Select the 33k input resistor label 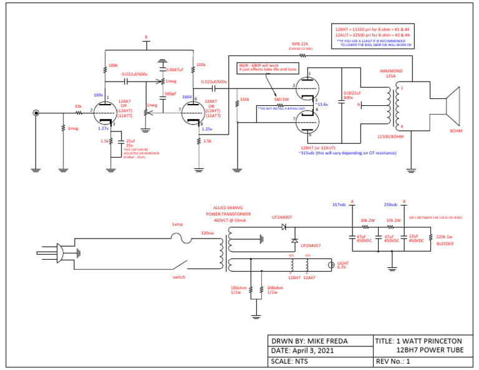(79, 107)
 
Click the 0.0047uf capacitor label (175, 70)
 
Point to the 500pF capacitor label (170, 93)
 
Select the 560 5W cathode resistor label (282, 99)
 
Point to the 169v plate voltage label (98, 95)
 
